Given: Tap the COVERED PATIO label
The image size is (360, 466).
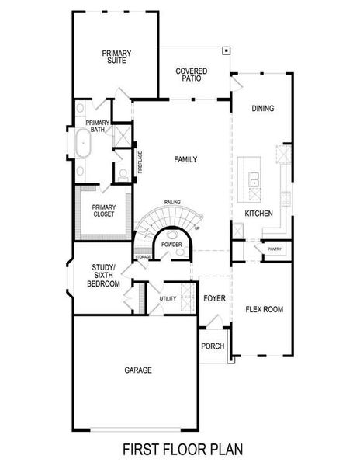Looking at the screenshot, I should [x=191, y=75].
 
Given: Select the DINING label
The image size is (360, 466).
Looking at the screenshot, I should [x=263, y=109].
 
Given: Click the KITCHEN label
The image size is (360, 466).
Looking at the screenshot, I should [x=258, y=213].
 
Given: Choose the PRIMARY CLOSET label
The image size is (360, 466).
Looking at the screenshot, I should [x=103, y=210].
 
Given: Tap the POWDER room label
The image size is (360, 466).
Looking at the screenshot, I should [x=171, y=245].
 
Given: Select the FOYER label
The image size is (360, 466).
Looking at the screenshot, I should [x=214, y=298].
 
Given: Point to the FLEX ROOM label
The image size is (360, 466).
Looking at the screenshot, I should [x=264, y=309].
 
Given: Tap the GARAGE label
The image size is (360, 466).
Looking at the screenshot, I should [x=138, y=370].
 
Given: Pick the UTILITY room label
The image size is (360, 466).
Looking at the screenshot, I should [x=168, y=298].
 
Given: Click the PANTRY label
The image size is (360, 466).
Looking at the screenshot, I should [x=275, y=249].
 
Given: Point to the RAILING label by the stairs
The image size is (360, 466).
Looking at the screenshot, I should [x=172, y=202].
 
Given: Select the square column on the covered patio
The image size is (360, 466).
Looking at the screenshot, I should [x=225, y=51].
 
